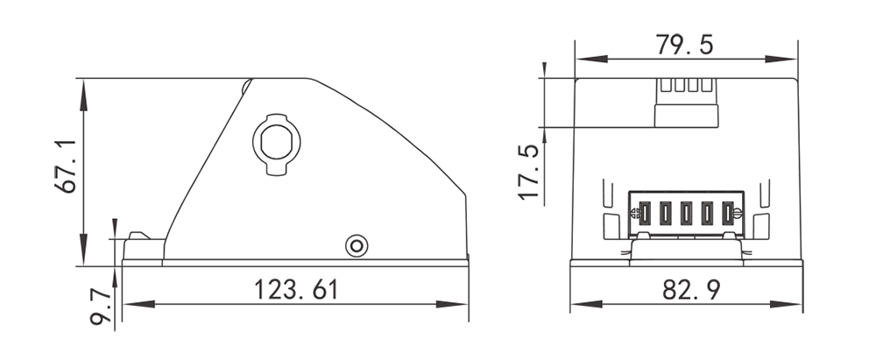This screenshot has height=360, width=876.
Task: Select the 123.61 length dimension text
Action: click(x=295, y=289)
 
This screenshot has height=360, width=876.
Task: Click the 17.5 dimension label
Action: click(x=528, y=173)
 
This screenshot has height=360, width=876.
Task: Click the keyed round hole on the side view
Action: click(x=276, y=139)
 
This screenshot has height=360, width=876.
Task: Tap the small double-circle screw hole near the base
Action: click(x=356, y=245)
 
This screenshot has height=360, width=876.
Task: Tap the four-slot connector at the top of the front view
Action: click(x=688, y=98)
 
